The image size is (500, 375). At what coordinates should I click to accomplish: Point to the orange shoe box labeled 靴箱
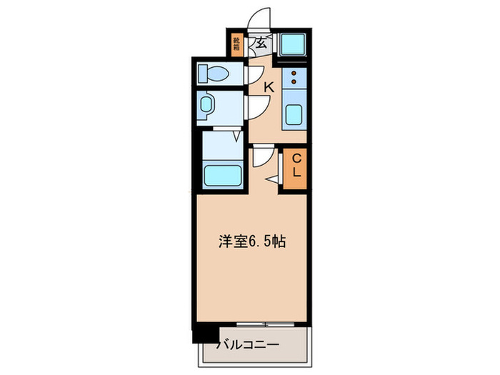click(x=236, y=44)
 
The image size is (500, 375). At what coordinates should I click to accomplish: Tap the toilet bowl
click(x=214, y=73)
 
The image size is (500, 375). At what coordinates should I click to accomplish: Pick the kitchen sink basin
click(x=294, y=114)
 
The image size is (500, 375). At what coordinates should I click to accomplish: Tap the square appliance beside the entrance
click(x=293, y=46)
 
